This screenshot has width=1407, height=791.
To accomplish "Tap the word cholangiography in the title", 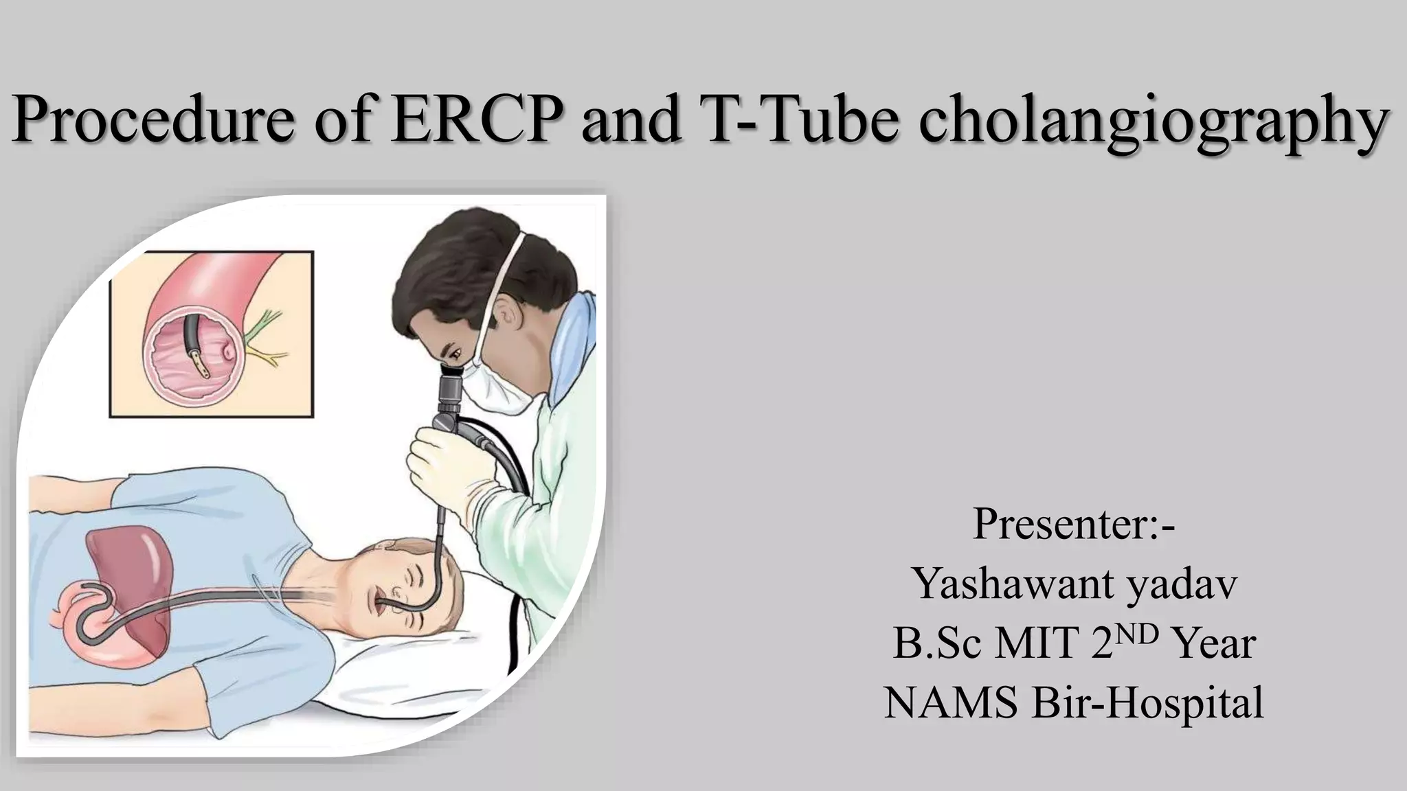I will [1151, 124].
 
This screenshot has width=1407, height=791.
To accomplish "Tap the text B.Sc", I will [936, 644].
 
